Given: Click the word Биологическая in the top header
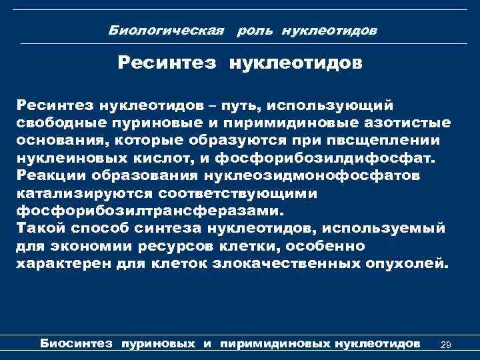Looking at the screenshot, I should (x=145, y=31).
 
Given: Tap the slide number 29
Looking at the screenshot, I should (x=447, y=344).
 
